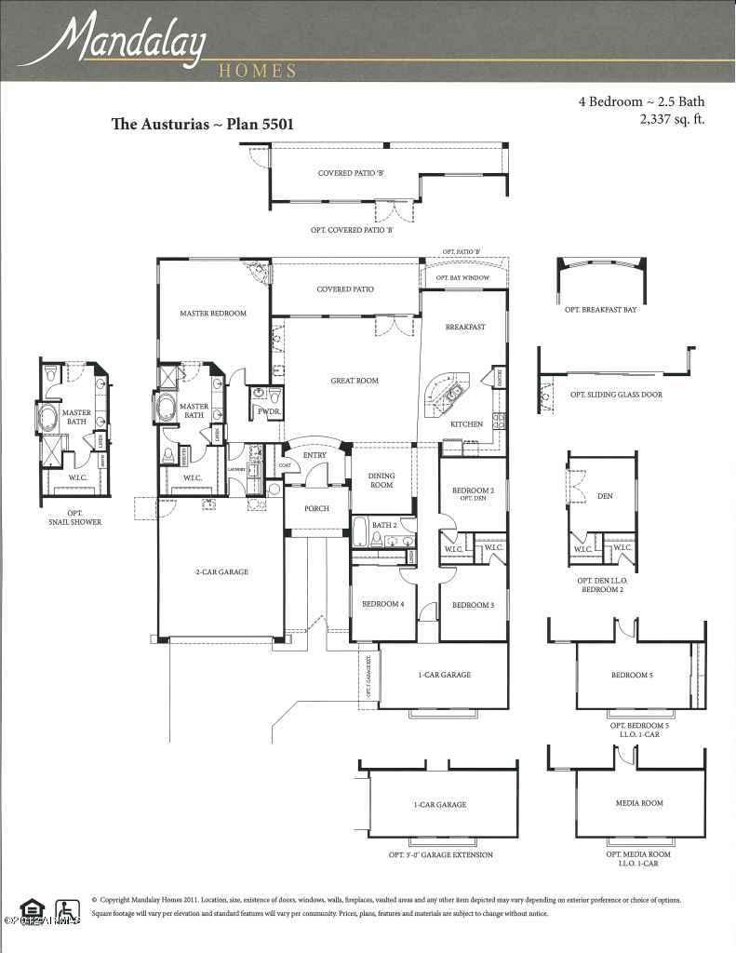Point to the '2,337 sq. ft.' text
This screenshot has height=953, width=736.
point(671,119)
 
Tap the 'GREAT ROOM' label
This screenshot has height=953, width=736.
point(355,381)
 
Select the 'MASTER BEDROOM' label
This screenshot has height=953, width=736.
point(213,314)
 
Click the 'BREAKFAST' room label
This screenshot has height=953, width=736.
point(465,327)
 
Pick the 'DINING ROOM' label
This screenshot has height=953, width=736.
point(382,479)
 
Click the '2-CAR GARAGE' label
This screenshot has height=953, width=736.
point(221,571)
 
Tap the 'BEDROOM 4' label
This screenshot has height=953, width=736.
point(382,605)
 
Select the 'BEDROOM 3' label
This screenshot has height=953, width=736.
point(473,605)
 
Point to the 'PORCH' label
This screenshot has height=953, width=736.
point(316,508)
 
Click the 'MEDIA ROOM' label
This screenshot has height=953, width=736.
point(639,802)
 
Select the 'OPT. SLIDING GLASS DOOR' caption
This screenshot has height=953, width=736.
point(616,395)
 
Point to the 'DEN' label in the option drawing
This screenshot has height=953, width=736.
point(605,496)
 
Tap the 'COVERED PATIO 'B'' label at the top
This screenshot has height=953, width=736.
point(345,173)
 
